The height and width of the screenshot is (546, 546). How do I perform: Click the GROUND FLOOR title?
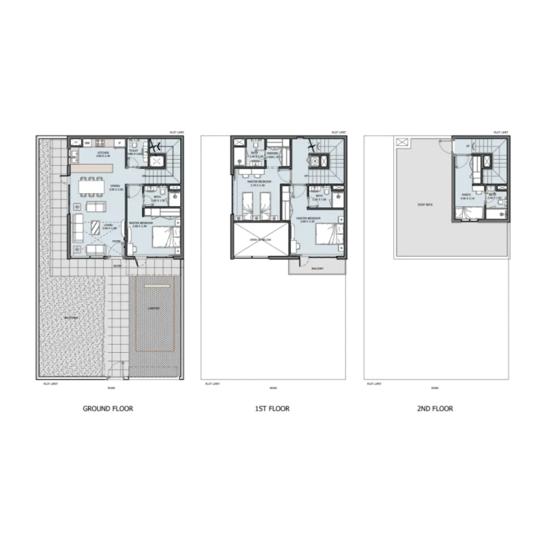[x=108, y=409]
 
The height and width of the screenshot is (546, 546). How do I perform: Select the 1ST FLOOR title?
[x=273, y=409]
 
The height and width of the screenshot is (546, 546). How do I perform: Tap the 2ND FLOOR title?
[x=435, y=409]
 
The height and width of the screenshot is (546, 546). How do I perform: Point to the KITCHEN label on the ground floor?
[x=103, y=152]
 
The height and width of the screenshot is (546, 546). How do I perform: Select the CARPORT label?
[x=153, y=308]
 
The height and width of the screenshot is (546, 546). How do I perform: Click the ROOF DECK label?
[x=423, y=204]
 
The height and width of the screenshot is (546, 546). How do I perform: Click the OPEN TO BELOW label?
[x=259, y=239]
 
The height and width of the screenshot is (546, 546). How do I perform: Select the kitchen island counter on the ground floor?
[x=91, y=169]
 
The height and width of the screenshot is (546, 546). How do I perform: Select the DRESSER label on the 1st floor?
[x=272, y=154]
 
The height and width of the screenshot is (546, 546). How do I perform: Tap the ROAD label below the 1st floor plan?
[x=273, y=388]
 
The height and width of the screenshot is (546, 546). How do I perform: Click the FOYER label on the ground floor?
[x=116, y=241]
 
